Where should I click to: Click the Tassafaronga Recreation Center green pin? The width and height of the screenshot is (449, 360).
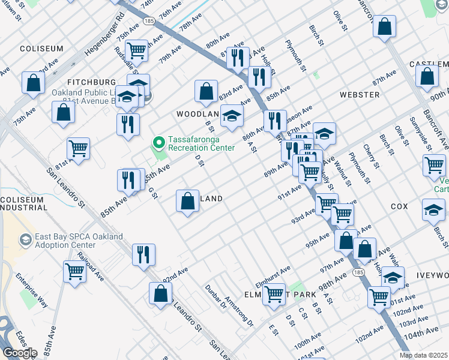(159, 143)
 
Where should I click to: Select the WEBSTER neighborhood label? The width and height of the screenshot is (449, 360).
(359, 95)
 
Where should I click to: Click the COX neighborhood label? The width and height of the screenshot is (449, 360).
(399, 206)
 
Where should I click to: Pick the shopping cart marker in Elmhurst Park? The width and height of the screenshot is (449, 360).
(274, 294)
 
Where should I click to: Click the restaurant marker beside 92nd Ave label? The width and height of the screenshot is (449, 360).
(143, 254)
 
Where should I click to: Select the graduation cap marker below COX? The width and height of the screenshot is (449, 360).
(433, 210)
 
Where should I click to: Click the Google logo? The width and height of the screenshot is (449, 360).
(20, 353)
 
